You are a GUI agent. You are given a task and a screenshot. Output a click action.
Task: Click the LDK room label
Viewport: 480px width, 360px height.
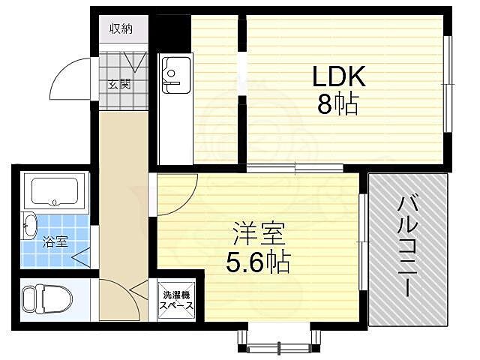coord(338,76)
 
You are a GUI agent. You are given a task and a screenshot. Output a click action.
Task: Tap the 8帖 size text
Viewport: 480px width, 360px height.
coord(338,103)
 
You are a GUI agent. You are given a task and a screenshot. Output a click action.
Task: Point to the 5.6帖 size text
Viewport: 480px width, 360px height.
coord(258,262)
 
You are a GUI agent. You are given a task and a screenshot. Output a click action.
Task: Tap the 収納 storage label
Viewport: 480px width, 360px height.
coord(121,29)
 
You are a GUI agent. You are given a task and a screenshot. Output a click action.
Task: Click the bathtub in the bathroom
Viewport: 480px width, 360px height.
coord(56,192)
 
